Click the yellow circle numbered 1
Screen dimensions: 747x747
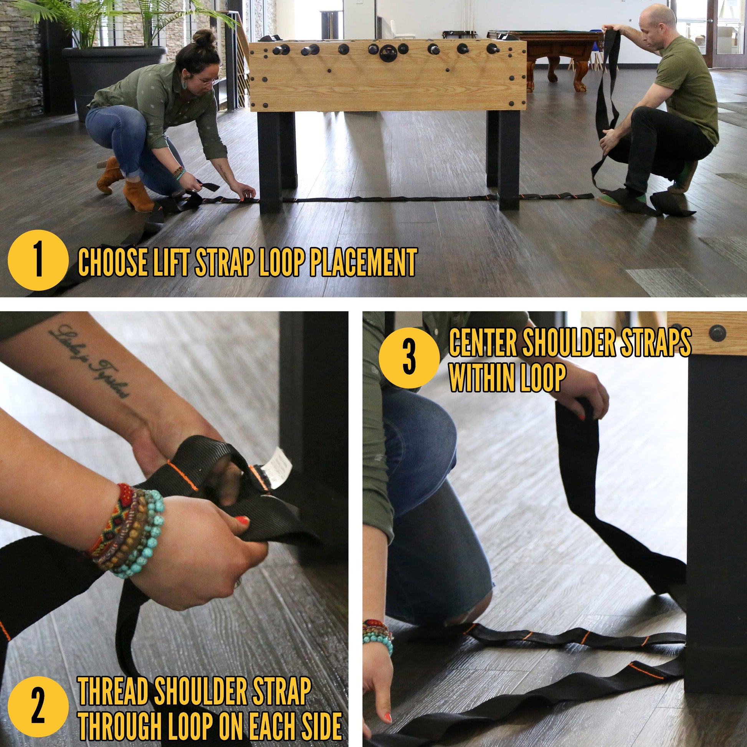(38, 260)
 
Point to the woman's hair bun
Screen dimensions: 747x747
(205, 39)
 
